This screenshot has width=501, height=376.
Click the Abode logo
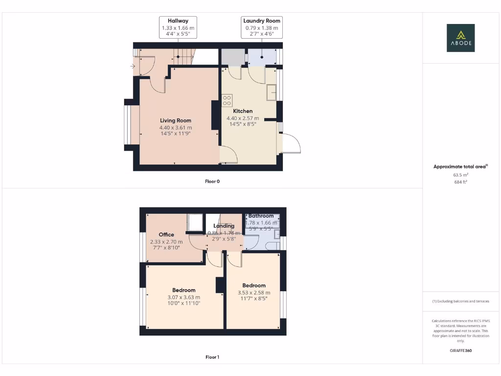[x=460, y=38]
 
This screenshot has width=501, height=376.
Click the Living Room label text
[x=176, y=120]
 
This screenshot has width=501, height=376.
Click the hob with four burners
[x=227, y=101]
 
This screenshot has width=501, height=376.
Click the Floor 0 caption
[x=212, y=182]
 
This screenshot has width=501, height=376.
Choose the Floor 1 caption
[x=212, y=357]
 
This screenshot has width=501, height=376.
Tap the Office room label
[x=166, y=235]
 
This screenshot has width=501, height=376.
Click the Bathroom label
[x=261, y=216]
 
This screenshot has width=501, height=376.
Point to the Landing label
[x=224, y=226]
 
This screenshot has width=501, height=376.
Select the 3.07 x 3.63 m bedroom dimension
[x=183, y=297]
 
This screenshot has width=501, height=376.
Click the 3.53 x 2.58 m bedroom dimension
[x=254, y=293]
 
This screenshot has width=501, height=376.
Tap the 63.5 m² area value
[x=460, y=174]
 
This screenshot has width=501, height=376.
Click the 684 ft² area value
[x=460, y=182]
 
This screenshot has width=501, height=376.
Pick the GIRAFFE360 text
[x=460, y=351]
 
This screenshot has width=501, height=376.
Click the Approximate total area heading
[x=460, y=167]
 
